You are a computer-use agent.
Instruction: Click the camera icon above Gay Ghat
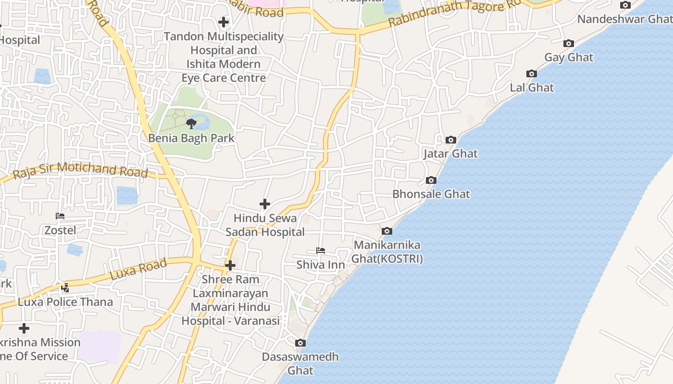tap(569, 44)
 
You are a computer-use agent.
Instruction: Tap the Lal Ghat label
tap(532, 88)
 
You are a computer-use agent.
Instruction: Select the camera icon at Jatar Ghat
tap(450, 140)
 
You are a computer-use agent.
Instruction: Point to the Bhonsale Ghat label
tap(431, 194)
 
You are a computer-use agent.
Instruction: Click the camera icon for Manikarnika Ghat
tap(386, 231)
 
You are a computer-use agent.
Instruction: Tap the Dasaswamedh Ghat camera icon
tap(300, 343)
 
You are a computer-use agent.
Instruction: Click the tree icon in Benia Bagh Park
tap(191, 124)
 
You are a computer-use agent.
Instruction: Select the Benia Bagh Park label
tap(191, 138)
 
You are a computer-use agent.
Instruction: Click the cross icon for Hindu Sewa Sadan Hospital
tap(264, 204)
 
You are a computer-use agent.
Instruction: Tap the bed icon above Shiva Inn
tap(321, 251)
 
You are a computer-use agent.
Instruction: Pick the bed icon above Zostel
tap(60, 216)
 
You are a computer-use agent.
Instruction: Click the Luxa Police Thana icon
tap(65, 288)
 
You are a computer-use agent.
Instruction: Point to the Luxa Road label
tap(138, 269)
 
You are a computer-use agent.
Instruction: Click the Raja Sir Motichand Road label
tap(80, 170)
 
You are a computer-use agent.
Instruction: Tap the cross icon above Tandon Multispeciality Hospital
tap(224, 22)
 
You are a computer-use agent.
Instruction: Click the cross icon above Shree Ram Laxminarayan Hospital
tap(230, 265)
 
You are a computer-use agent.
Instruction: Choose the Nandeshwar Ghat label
tap(624, 19)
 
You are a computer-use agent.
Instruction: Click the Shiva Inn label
tap(321, 264)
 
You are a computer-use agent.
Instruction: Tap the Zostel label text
tap(60, 230)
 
